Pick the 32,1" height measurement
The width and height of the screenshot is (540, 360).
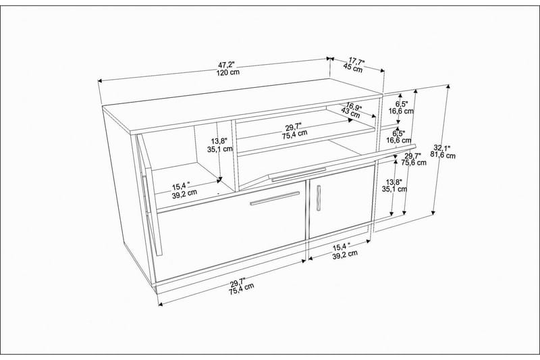tap(442, 147)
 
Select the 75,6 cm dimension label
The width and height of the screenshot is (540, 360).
tap(412, 163)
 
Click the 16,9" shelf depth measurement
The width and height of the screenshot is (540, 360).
tap(350, 105)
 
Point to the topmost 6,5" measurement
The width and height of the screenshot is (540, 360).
tap(402, 104)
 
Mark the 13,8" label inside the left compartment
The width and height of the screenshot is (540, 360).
tap(219, 140)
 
